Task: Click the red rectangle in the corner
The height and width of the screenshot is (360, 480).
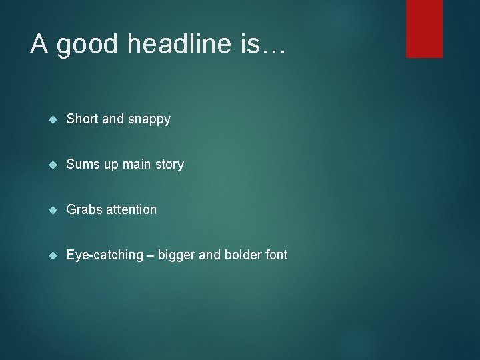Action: pos(424,29)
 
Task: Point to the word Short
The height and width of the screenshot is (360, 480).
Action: pos(83,119)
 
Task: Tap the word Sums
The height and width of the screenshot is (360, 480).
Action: pos(83,164)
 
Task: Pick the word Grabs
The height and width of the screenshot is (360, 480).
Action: pos(85,209)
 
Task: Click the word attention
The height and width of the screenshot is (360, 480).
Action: pos(131,209)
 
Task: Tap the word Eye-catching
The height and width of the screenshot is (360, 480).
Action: pos(105,255)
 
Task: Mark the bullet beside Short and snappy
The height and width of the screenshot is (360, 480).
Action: pos(53,120)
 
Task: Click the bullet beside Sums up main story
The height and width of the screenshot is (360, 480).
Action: pos(53,165)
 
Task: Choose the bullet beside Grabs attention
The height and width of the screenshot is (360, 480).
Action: pos(53,210)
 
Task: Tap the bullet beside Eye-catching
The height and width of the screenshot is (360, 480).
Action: pos(53,255)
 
